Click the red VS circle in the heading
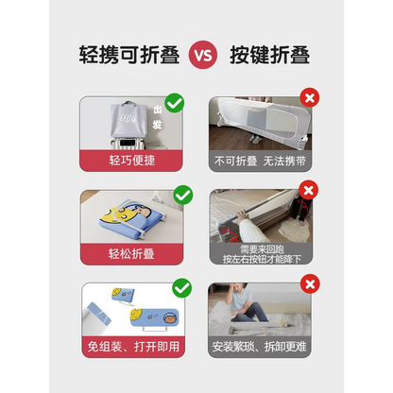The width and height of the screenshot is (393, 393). [196, 53]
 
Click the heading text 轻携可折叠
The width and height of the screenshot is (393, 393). [122, 53]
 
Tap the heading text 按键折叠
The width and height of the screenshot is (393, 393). [270, 53]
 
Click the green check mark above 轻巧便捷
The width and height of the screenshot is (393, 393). [175, 101]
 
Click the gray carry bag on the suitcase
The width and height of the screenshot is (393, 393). [122, 119]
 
